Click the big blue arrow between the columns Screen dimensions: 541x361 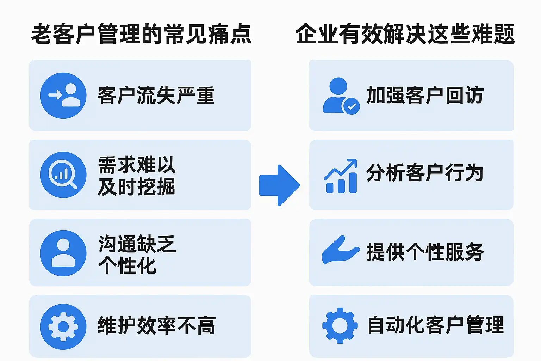click(x=279, y=185)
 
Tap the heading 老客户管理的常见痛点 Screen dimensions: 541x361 click(x=141, y=34)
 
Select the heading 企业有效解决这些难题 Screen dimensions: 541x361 click(x=405, y=34)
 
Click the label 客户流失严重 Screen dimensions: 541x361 click(x=156, y=95)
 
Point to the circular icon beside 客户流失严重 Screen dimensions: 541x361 click(x=63, y=96)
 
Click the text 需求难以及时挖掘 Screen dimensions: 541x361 click(x=136, y=176)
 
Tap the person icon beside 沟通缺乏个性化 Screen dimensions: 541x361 click(x=63, y=253)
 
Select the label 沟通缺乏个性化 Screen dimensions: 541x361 click(x=137, y=255)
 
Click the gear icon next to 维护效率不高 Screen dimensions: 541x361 click(x=63, y=327)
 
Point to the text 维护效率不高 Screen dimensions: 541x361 click(x=156, y=325)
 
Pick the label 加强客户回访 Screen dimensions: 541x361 click(x=425, y=95)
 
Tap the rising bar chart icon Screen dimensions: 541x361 click(x=341, y=176)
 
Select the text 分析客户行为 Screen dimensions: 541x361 click(x=425, y=173)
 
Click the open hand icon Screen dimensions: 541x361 click(x=341, y=250)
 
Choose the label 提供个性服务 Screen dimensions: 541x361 click(x=425, y=252)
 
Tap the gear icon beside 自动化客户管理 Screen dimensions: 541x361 click(x=340, y=326)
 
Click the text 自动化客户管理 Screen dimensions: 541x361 click(x=435, y=325)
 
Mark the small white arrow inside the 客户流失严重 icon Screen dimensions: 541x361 click(x=55, y=95)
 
